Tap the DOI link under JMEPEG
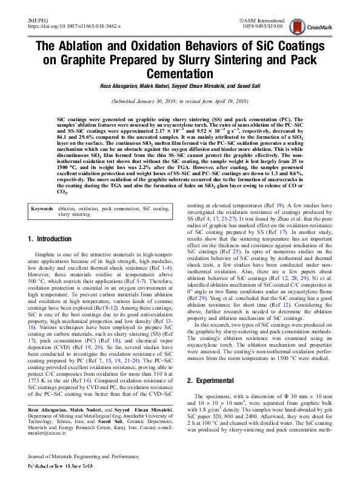[x=74, y=27]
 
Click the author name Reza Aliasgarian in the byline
[x=125, y=87]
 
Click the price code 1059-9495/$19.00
[x=260, y=27]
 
